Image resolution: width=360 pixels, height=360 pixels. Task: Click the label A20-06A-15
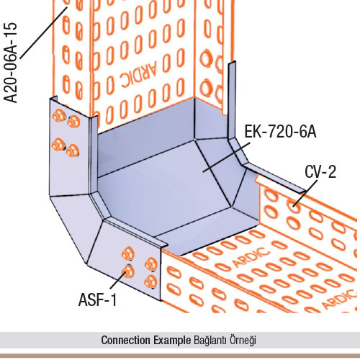[11, 63]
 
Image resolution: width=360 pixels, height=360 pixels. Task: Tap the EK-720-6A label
[280, 132]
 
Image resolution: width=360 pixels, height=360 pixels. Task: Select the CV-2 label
[320, 171]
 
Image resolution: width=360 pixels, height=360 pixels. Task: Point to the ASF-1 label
[98, 300]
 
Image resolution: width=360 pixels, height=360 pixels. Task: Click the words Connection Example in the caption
[146, 340]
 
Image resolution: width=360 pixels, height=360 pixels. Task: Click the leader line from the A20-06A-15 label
[43, 32]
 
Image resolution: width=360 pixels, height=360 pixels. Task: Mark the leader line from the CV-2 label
[306, 193]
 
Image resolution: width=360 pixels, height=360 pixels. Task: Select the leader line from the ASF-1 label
[118, 279]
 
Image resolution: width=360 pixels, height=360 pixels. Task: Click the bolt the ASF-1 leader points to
[128, 271]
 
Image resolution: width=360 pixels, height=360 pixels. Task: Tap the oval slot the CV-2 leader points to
[293, 205]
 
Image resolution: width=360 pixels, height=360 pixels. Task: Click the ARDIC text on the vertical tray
[139, 74]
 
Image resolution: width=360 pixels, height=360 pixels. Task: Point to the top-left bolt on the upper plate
[59, 116]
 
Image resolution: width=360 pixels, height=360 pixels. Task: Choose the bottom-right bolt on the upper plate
[73, 151]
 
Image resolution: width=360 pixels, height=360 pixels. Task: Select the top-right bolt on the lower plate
[151, 264]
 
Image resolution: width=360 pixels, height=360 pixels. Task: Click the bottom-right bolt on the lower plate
[151, 282]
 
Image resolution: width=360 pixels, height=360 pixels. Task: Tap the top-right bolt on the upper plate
[73, 122]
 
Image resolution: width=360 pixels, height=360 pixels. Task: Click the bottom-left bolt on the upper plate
[58, 145]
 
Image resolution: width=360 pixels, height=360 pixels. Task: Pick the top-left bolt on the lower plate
[128, 253]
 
